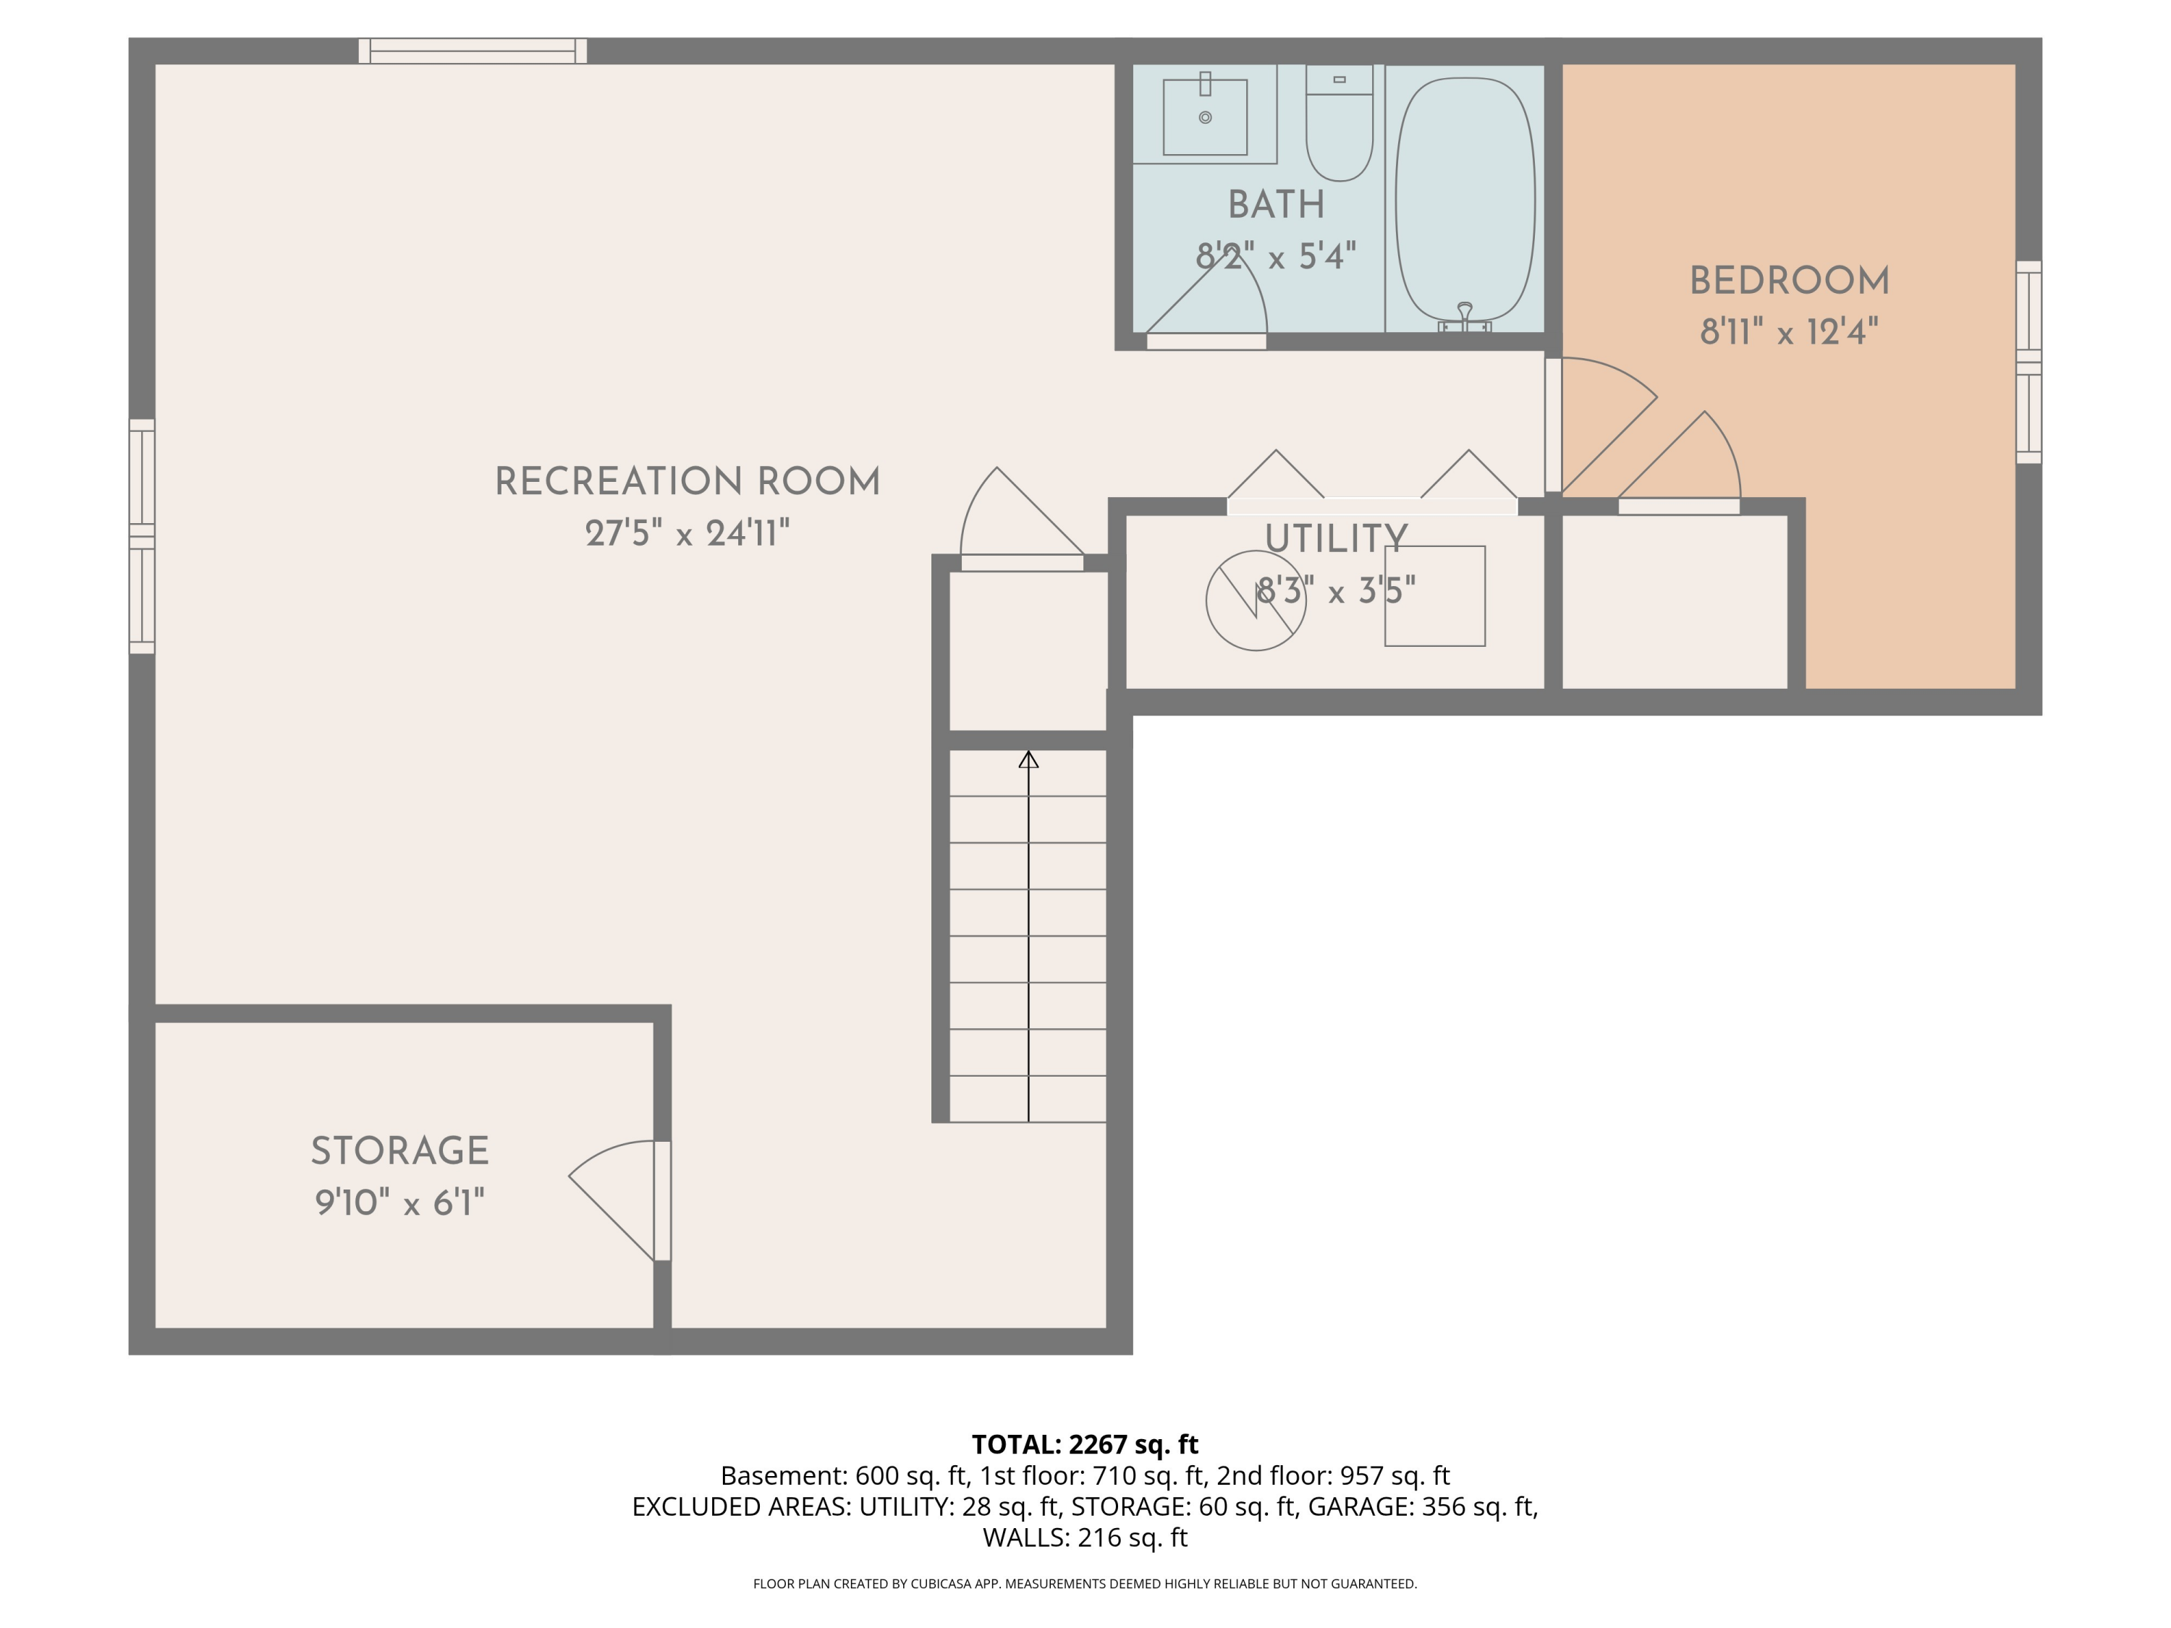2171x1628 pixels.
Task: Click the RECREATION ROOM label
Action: (687, 482)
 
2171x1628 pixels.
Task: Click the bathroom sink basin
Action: (1204, 118)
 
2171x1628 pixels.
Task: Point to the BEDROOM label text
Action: (1788, 281)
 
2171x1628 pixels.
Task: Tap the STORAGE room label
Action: (399, 1151)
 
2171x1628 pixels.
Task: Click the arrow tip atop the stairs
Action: (1028, 760)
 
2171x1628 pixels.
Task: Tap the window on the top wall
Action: (472, 51)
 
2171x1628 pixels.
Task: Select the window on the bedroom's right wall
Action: (2028, 362)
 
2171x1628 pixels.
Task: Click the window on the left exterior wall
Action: (143, 536)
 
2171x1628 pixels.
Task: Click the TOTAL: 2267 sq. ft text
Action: (1085, 1444)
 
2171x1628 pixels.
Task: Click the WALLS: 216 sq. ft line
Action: (1085, 1538)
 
